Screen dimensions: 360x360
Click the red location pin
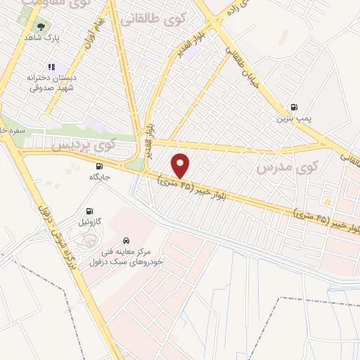click(181, 165)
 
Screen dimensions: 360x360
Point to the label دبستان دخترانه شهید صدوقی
click(51, 84)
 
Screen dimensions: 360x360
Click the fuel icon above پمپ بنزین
click(293, 108)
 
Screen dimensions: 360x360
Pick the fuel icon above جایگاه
click(97, 166)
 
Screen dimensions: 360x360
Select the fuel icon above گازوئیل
click(89, 210)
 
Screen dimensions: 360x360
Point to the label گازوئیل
click(89, 221)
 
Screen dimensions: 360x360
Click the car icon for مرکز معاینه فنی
click(126, 238)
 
